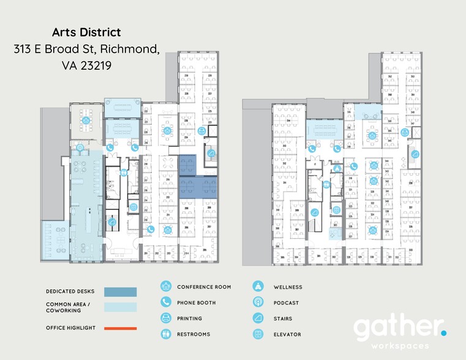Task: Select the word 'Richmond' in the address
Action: point(130,49)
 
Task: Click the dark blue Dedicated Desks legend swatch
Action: point(120,292)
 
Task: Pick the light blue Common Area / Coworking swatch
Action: point(120,307)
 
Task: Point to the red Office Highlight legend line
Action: point(120,328)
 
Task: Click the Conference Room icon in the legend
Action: point(165,287)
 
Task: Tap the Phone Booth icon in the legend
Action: point(165,302)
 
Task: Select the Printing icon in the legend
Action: point(165,318)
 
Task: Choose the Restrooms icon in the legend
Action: point(165,334)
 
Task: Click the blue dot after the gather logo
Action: point(444,332)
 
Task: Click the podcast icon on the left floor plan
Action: point(80,147)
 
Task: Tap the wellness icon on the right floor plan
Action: point(336,168)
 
